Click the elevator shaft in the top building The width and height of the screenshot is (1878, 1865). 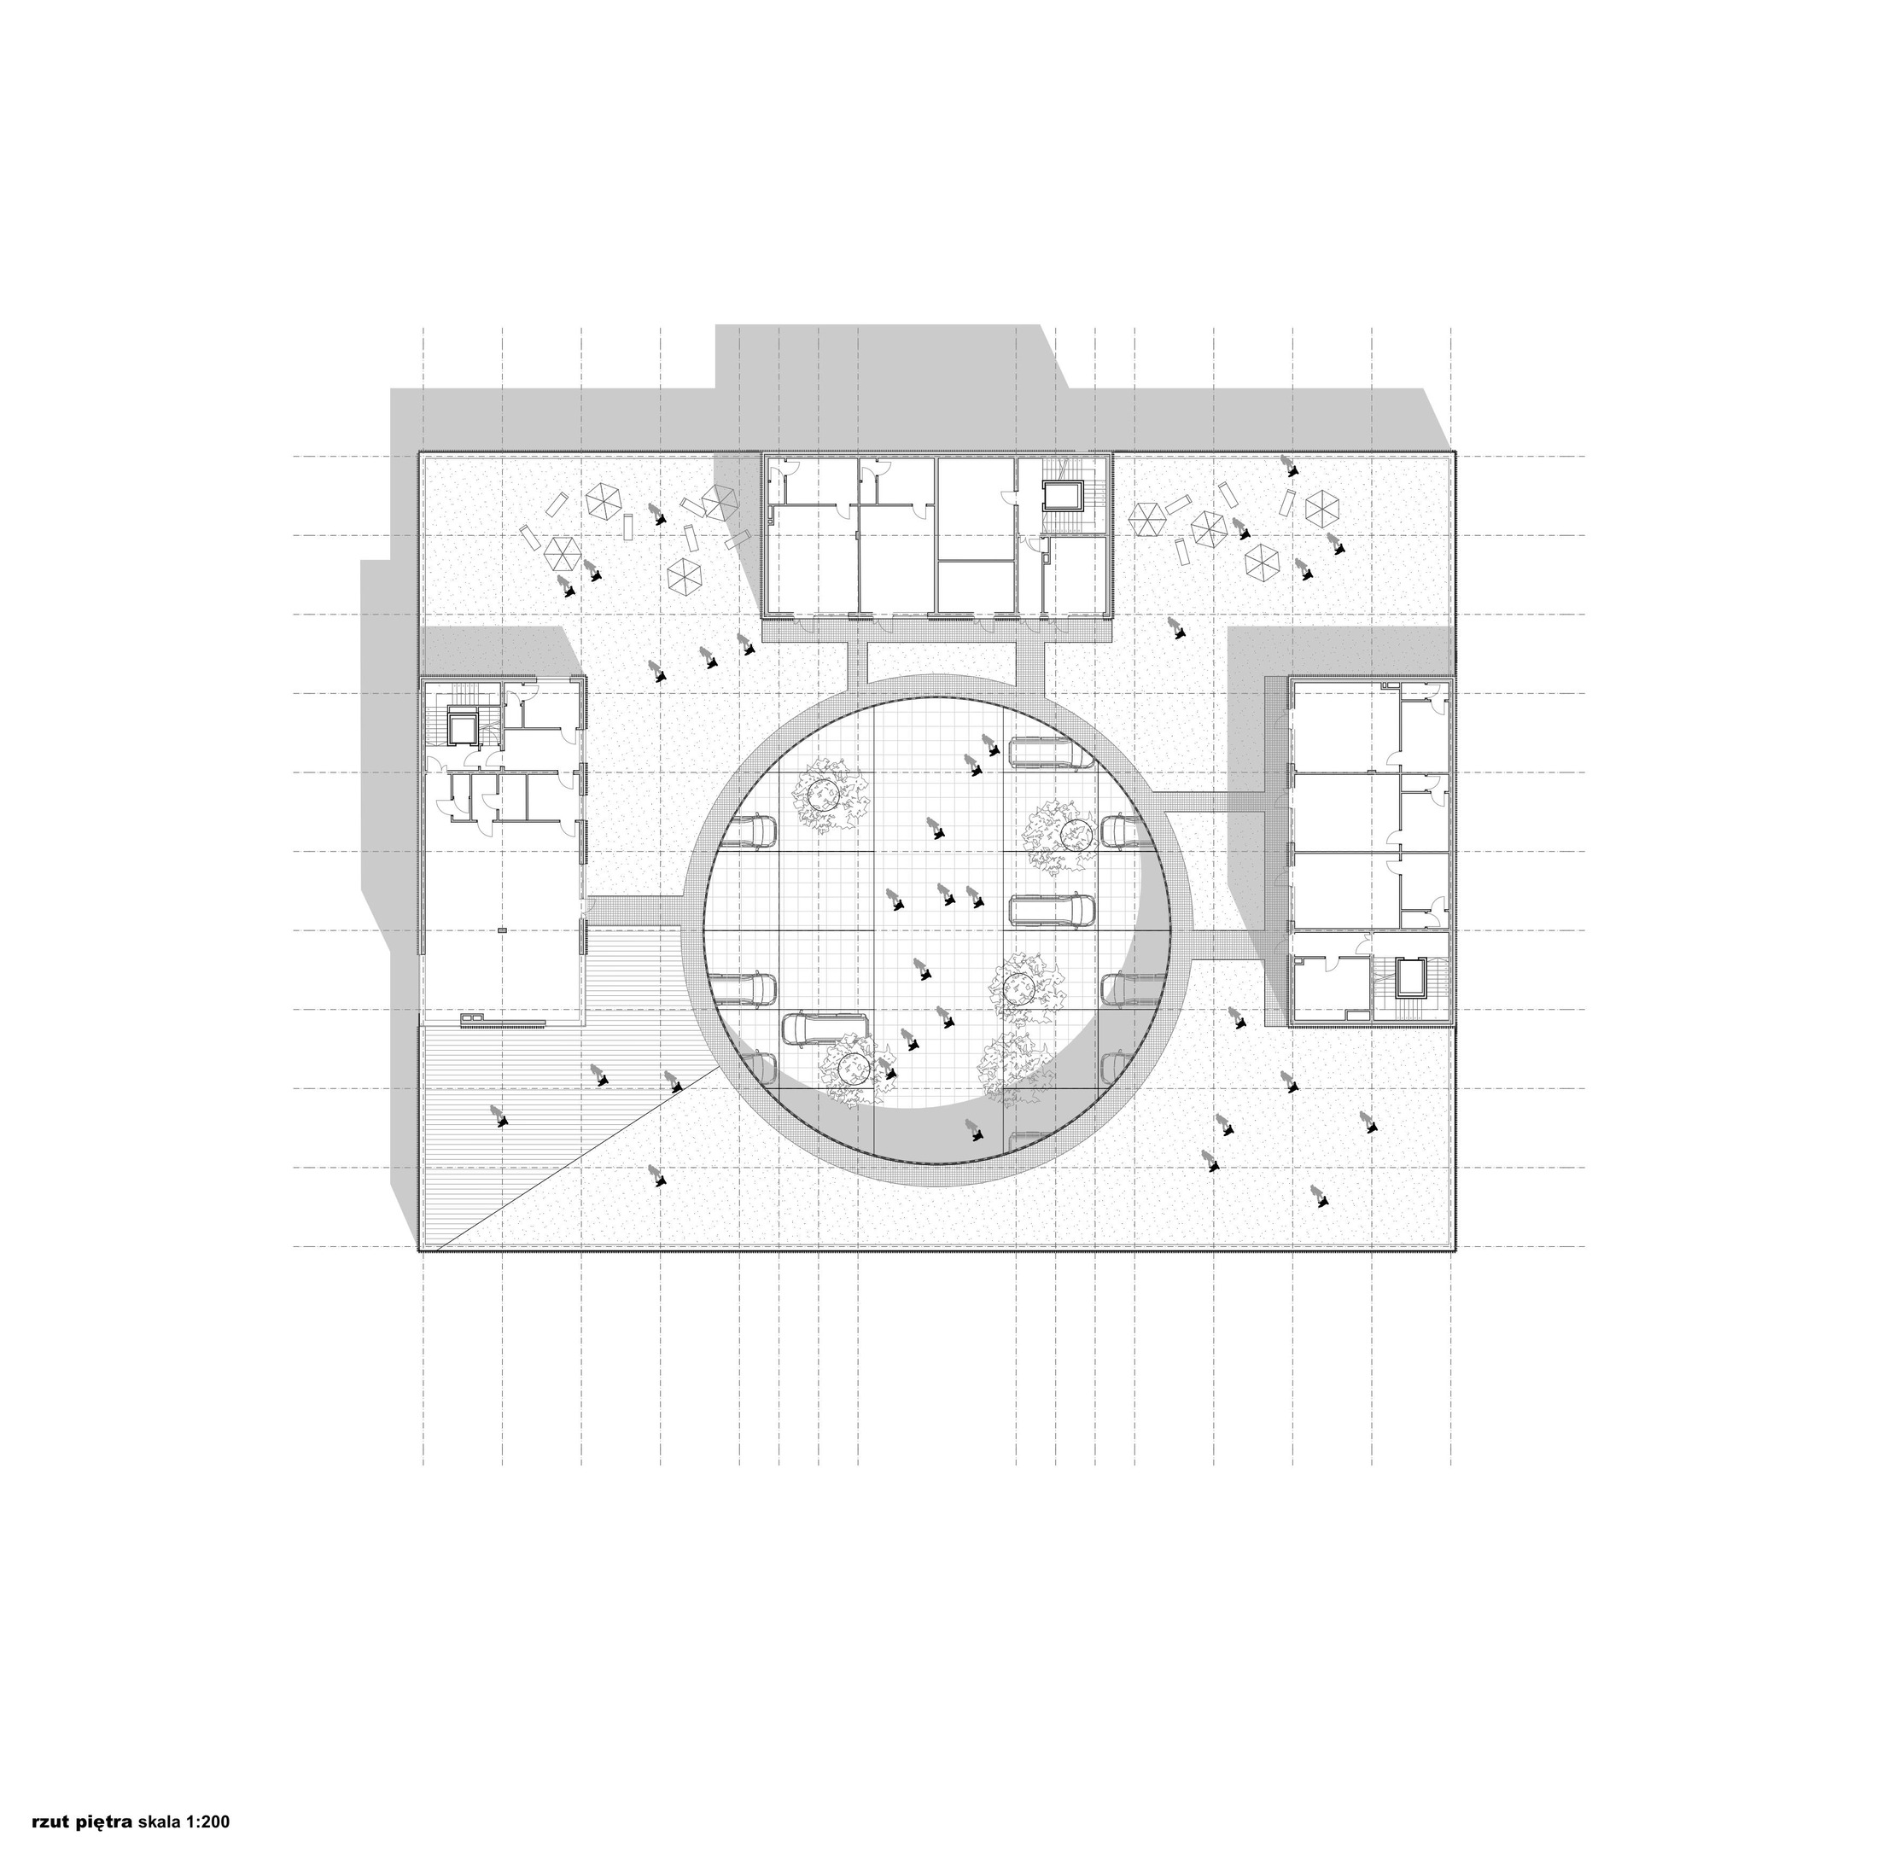[1059, 497]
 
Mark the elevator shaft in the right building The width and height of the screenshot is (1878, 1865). [1409, 976]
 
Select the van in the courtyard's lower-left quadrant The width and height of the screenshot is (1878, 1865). [825, 1029]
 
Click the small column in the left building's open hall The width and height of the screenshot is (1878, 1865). [502, 930]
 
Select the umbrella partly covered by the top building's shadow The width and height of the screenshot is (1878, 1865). [720, 500]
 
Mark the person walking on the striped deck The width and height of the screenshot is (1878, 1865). [499, 1116]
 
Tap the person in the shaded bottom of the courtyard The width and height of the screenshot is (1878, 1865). [972, 1128]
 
